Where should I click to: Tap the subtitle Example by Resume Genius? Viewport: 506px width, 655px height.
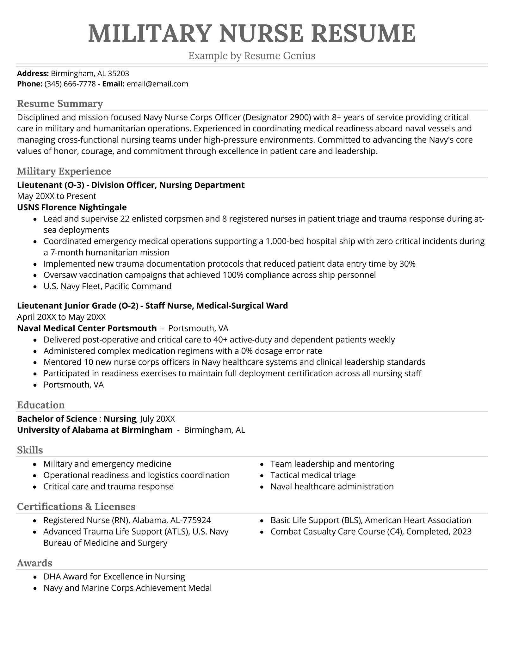click(252, 56)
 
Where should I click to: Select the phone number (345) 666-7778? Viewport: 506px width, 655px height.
click(70, 84)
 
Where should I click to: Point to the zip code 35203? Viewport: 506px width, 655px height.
click(118, 74)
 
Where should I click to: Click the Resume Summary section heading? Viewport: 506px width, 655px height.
click(60, 103)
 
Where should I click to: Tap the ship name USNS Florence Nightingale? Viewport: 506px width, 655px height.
click(72, 207)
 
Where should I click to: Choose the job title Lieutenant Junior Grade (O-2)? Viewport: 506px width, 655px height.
click(77, 306)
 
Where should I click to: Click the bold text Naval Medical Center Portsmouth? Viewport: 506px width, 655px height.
click(87, 328)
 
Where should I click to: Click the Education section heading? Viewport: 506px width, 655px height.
click(41, 405)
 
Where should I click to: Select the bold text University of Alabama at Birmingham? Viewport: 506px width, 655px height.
click(95, 430)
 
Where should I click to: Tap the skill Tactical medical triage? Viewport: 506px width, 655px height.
click(313, 475)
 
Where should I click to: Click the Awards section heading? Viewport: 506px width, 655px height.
click(34, 563)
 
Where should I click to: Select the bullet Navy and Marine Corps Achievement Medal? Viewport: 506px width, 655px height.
click(127, 588)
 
